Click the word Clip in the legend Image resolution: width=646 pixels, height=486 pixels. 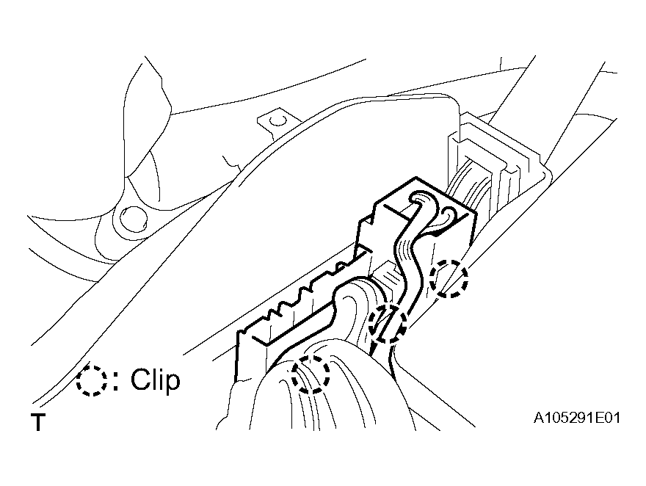[156, 380]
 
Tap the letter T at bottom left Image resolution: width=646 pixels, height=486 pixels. [37, 422]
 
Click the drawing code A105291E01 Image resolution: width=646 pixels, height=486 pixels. [577, 418]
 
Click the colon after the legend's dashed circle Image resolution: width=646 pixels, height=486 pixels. [117, 380]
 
